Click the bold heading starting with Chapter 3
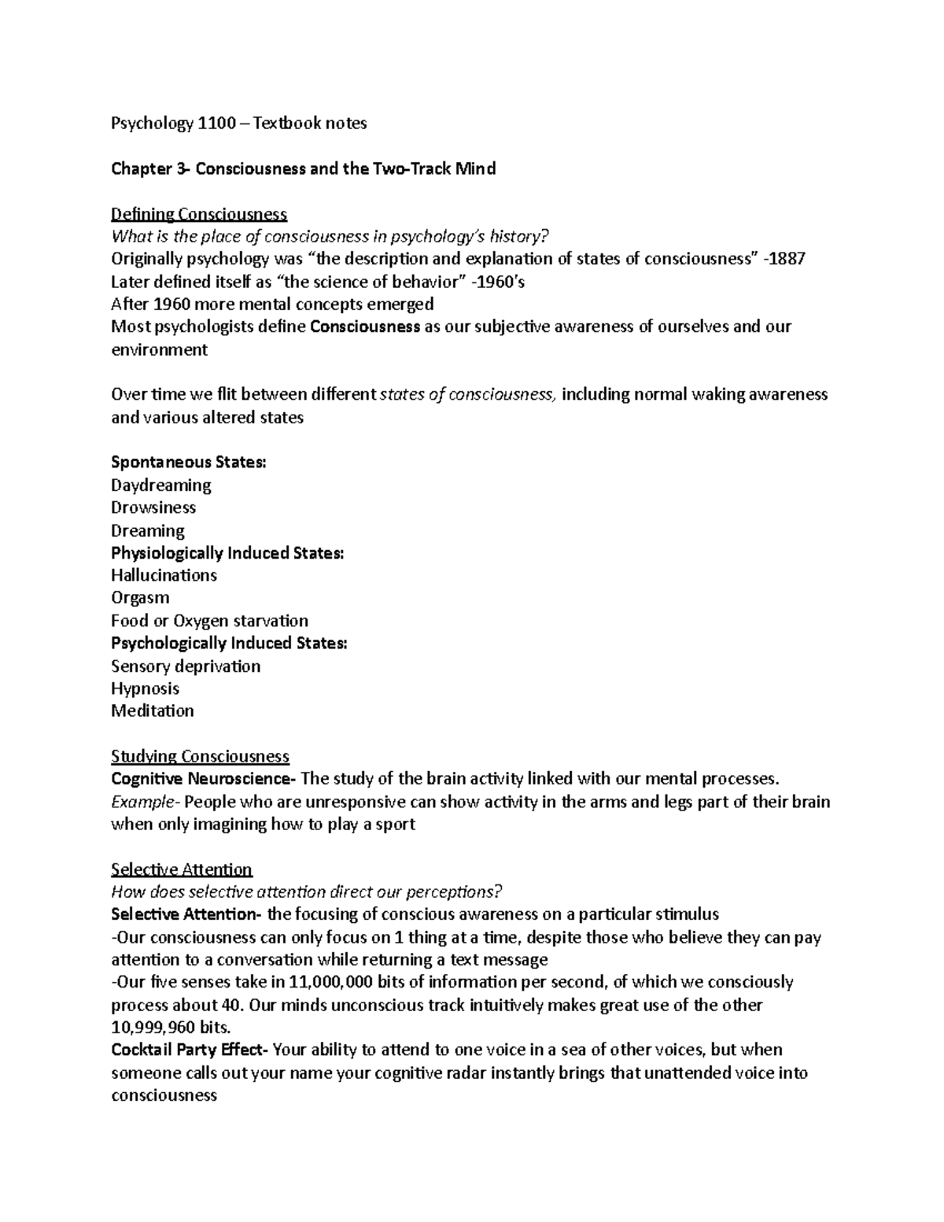303,168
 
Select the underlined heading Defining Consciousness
199,214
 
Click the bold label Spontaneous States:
189,462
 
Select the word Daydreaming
161,485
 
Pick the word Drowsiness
153,508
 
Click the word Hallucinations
164,575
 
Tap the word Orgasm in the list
140,598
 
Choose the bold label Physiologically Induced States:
227,553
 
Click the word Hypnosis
145,689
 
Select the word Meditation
152,711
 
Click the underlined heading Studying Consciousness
200,756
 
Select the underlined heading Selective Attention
182,869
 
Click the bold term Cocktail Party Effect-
190,1050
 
